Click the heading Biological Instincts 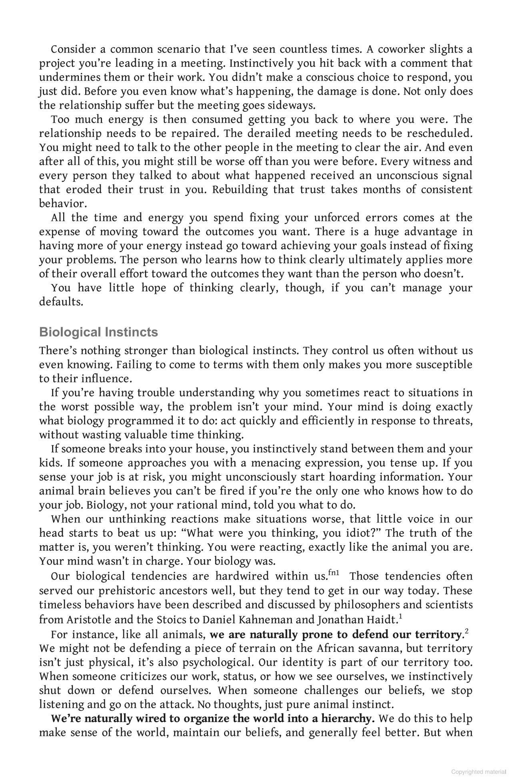click(x=98, y=332)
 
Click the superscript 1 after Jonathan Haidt click(x=400, y=617)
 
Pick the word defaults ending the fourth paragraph click(x=61, y=302)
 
